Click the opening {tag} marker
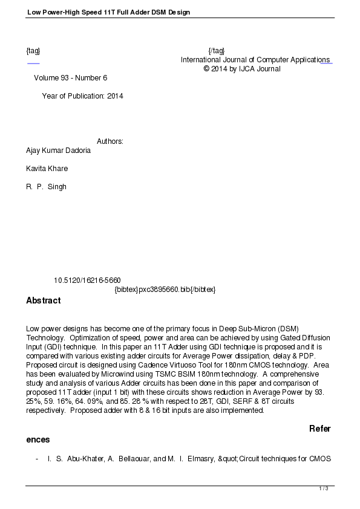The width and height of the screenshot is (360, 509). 33,50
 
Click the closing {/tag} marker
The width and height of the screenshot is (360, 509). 216,50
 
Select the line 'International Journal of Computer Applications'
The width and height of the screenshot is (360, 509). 255,60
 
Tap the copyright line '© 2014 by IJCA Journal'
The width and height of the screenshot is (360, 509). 242,69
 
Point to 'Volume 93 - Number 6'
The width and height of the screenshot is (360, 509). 71,78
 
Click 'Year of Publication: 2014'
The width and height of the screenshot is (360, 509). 82,96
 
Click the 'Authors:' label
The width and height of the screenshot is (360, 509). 110,141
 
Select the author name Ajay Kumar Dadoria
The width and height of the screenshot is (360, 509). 59,151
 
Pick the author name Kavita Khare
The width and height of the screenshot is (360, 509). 47,169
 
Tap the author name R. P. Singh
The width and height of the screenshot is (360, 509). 47,187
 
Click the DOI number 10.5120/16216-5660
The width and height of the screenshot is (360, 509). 87,280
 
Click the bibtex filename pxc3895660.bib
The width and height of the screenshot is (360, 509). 165,290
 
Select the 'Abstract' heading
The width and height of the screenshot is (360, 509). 44,300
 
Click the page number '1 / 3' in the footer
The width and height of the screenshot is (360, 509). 324,488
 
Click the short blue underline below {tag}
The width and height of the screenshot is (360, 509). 33,63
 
